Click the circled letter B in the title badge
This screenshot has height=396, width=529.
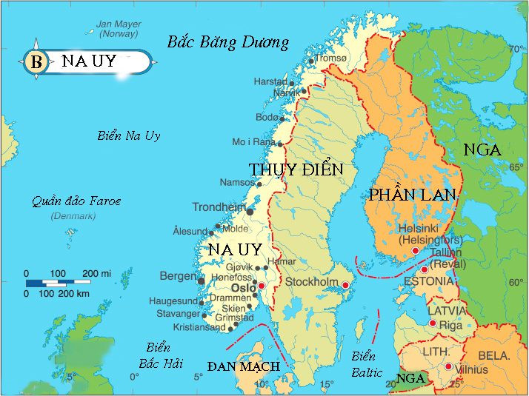tap(35, 61)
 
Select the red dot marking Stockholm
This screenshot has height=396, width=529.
tap(345, 284)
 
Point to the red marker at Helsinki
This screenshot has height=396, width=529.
tap(415, 251)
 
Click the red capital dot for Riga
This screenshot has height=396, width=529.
tap(433, 323)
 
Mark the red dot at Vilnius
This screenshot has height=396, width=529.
tap(448, 366)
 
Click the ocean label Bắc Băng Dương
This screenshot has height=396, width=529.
tap(227, 41)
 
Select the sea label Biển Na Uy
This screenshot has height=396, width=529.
tap(129, 135)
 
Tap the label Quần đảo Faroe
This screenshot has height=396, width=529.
tap(76, 201)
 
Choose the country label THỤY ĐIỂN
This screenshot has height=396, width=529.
tap(296, 170)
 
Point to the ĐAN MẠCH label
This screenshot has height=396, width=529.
tap(243, 366)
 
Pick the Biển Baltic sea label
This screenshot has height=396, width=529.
tap(365, 363)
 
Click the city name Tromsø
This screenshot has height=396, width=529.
tap(331, 58)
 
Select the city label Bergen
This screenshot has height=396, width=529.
tap(177, 276)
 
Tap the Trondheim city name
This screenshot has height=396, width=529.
tap(219, 207)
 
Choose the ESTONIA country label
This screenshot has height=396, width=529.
tap(428, 281)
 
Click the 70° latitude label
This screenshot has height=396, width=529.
tap(516, 50)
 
